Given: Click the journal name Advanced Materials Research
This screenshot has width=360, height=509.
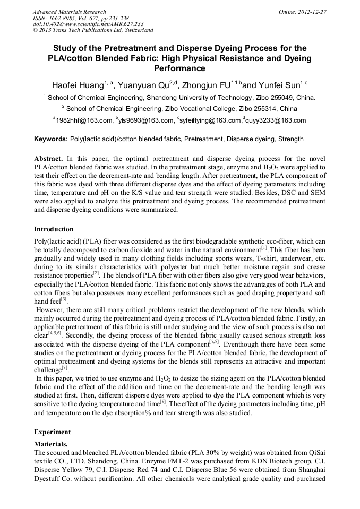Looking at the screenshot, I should [x=69, y=12].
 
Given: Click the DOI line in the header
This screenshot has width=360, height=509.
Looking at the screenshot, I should [x=88, y=24].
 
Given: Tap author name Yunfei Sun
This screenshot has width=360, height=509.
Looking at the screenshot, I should [x=280, y=85].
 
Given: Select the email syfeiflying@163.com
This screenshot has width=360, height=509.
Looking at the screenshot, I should [x=210, y=120].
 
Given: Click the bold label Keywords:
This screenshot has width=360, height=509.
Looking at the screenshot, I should [x=51, y=140].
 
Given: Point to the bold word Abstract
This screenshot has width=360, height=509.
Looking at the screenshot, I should [x=48, y=159].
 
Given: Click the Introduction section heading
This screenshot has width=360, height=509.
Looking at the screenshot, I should [x=54, y=229].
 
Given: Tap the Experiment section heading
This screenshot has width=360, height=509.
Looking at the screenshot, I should [x=52, y=432].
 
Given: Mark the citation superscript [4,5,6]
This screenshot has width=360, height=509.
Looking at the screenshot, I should [x=56, y=333].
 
